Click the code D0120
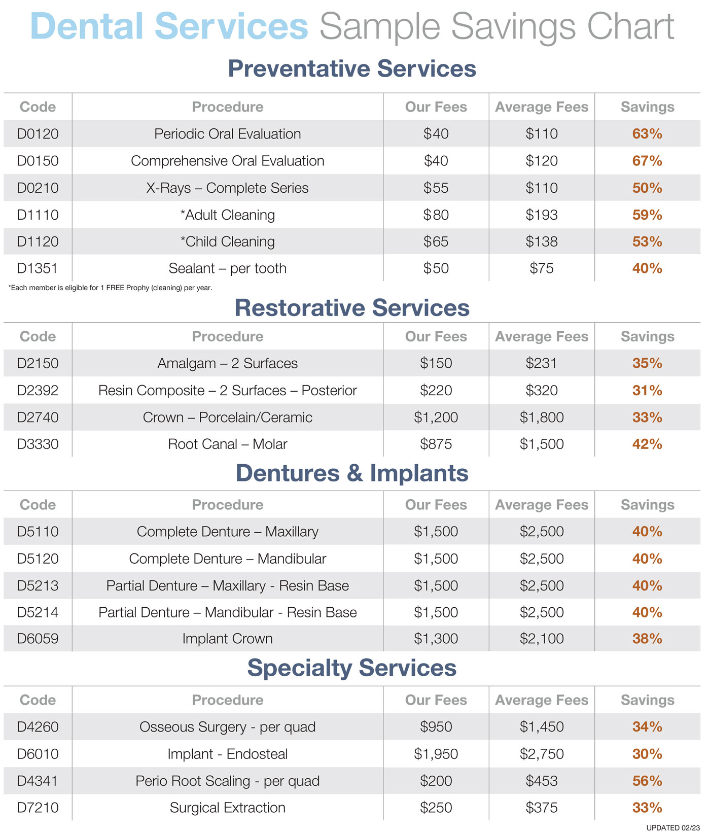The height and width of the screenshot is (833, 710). [x=38, y=134]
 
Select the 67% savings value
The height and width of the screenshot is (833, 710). [x=647, y=161]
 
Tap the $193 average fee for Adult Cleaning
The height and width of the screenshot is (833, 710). [x=542, y=215]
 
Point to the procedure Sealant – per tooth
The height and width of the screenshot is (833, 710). [x=227, y=268]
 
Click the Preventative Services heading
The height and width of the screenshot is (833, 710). [x=352, y=68]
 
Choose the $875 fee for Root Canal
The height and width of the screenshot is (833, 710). [x=436, y=444]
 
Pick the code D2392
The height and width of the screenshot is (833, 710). [x=38, y=391]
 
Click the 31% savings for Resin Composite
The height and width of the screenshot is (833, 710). [x=647, y=391]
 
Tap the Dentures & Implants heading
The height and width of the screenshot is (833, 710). [x=352, y=473]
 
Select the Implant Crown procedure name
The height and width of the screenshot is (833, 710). [x=227, y=639]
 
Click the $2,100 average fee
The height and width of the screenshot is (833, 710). [x=542, y=639]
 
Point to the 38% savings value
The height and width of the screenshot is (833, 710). [x=647, y=639]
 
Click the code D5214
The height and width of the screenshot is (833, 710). [x=38, y=612]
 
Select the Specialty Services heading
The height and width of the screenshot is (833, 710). [x=352, y=668]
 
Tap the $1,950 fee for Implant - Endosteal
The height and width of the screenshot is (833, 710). [x=436, y=754]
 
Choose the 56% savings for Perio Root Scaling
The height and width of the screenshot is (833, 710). [x=647, y=781]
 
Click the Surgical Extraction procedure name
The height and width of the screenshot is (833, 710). [x=227, y=808]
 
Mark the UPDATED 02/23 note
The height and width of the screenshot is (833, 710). [x=673, y=827]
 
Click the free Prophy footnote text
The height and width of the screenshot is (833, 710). [x=111, y=288]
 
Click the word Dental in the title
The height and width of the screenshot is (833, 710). [x=86, y=26]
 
